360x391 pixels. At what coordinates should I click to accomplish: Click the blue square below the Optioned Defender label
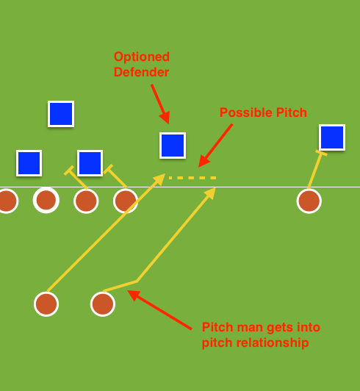pos(173,146)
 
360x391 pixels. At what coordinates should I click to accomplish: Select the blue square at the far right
pos(332,137)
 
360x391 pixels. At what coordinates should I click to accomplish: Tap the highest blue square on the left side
pos(61,114)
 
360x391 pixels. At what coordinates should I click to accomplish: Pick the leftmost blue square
pos(29,163)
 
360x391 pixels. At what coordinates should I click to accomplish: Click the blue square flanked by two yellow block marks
pos(90,163)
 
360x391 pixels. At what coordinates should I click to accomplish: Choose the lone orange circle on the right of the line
pos(309,201)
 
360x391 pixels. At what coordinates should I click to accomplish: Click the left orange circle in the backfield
pos(46,304)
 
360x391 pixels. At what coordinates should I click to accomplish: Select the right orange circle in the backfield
pos(103,304)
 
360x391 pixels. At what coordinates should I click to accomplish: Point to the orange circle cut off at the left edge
pos(6,201)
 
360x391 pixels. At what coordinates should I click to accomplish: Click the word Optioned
pos(141,57)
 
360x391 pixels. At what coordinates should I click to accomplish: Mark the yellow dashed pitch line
pos(192,178)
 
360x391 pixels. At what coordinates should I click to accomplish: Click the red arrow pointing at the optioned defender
pos(160,104)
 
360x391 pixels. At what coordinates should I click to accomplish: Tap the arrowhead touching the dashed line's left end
pos(159,179)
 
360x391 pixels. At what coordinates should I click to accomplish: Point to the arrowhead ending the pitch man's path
pos(211,193)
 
